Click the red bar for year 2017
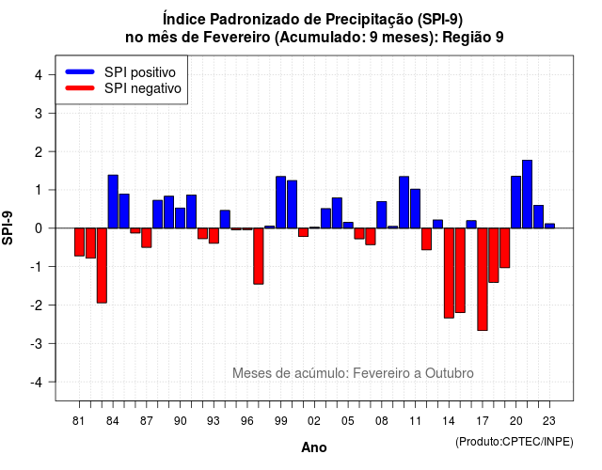(483, 279)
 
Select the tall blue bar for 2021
(527, 195)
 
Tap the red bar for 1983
(102, 265)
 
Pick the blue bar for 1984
(113, 201)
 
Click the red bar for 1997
(259, 257)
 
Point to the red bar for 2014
(449, 274)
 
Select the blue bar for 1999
(280, 202)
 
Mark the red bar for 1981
(79, 243)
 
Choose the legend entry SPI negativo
(123, 88)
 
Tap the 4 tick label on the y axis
(39, 75)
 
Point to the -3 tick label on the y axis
(36, 343)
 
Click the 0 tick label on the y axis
(39, 228)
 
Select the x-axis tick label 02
(314, 421)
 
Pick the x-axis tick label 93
(214, 421)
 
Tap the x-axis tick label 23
(549, 421)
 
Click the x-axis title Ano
(314, 447)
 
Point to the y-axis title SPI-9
(8, 227)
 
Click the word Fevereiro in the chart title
(236, 38)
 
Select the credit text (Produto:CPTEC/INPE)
(515, 442)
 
